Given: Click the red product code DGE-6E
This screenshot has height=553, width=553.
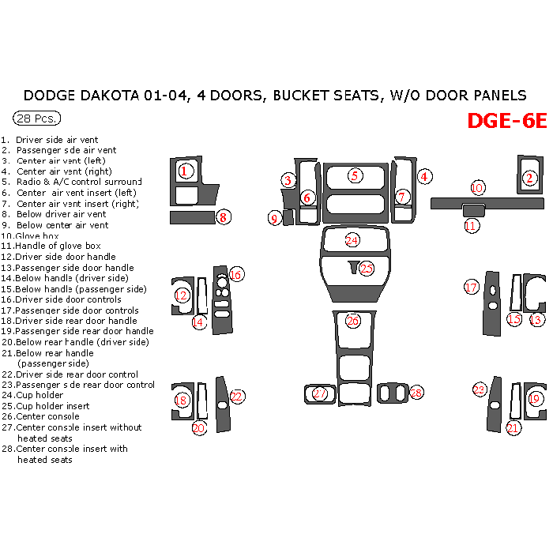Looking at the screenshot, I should pyautogui.click(x=506, y=121).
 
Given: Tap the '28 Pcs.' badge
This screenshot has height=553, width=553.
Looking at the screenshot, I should pyautogui.click(x=36, y=118).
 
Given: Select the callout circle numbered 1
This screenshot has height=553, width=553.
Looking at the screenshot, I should pyautogui.click(x=185, y=170).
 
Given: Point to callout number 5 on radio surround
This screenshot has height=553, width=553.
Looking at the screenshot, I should pyautogui.click(x=355, y=175).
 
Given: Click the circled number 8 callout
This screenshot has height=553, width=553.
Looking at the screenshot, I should pyautogui.click(x=224, y=217).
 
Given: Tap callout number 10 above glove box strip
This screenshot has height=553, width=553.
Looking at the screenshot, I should pyautogui.click(x=477, y=188).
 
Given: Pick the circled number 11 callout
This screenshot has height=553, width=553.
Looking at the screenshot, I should pyautogui.click(x=471, y=226).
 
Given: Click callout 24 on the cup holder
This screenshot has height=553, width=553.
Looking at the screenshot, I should pyautogui.click(x=352, y=239).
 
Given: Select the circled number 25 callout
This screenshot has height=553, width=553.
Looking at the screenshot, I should pyautogui.click(x=367, y=269).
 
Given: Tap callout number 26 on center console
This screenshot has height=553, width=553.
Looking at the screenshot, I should pyautogui.click(x=352, y=321).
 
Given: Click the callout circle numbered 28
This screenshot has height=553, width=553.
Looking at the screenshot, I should pyautogui.click(x=416, y=393).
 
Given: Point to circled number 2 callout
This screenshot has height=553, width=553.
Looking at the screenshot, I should pyautogui.click(x=530, y=179).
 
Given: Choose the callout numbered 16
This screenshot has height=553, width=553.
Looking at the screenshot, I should pyautogui.click(x=235, y=275).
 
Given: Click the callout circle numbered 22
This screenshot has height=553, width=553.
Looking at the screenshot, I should pyautogui.click(x=237, y=397).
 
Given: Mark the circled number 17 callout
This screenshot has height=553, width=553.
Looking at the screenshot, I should pyautogui.click(x=472, y=288).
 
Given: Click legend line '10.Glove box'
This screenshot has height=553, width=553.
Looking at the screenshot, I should pyautogui.click(x=32, y=235).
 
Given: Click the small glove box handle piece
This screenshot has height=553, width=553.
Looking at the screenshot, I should pyautogui.click(x=473, y=210).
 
